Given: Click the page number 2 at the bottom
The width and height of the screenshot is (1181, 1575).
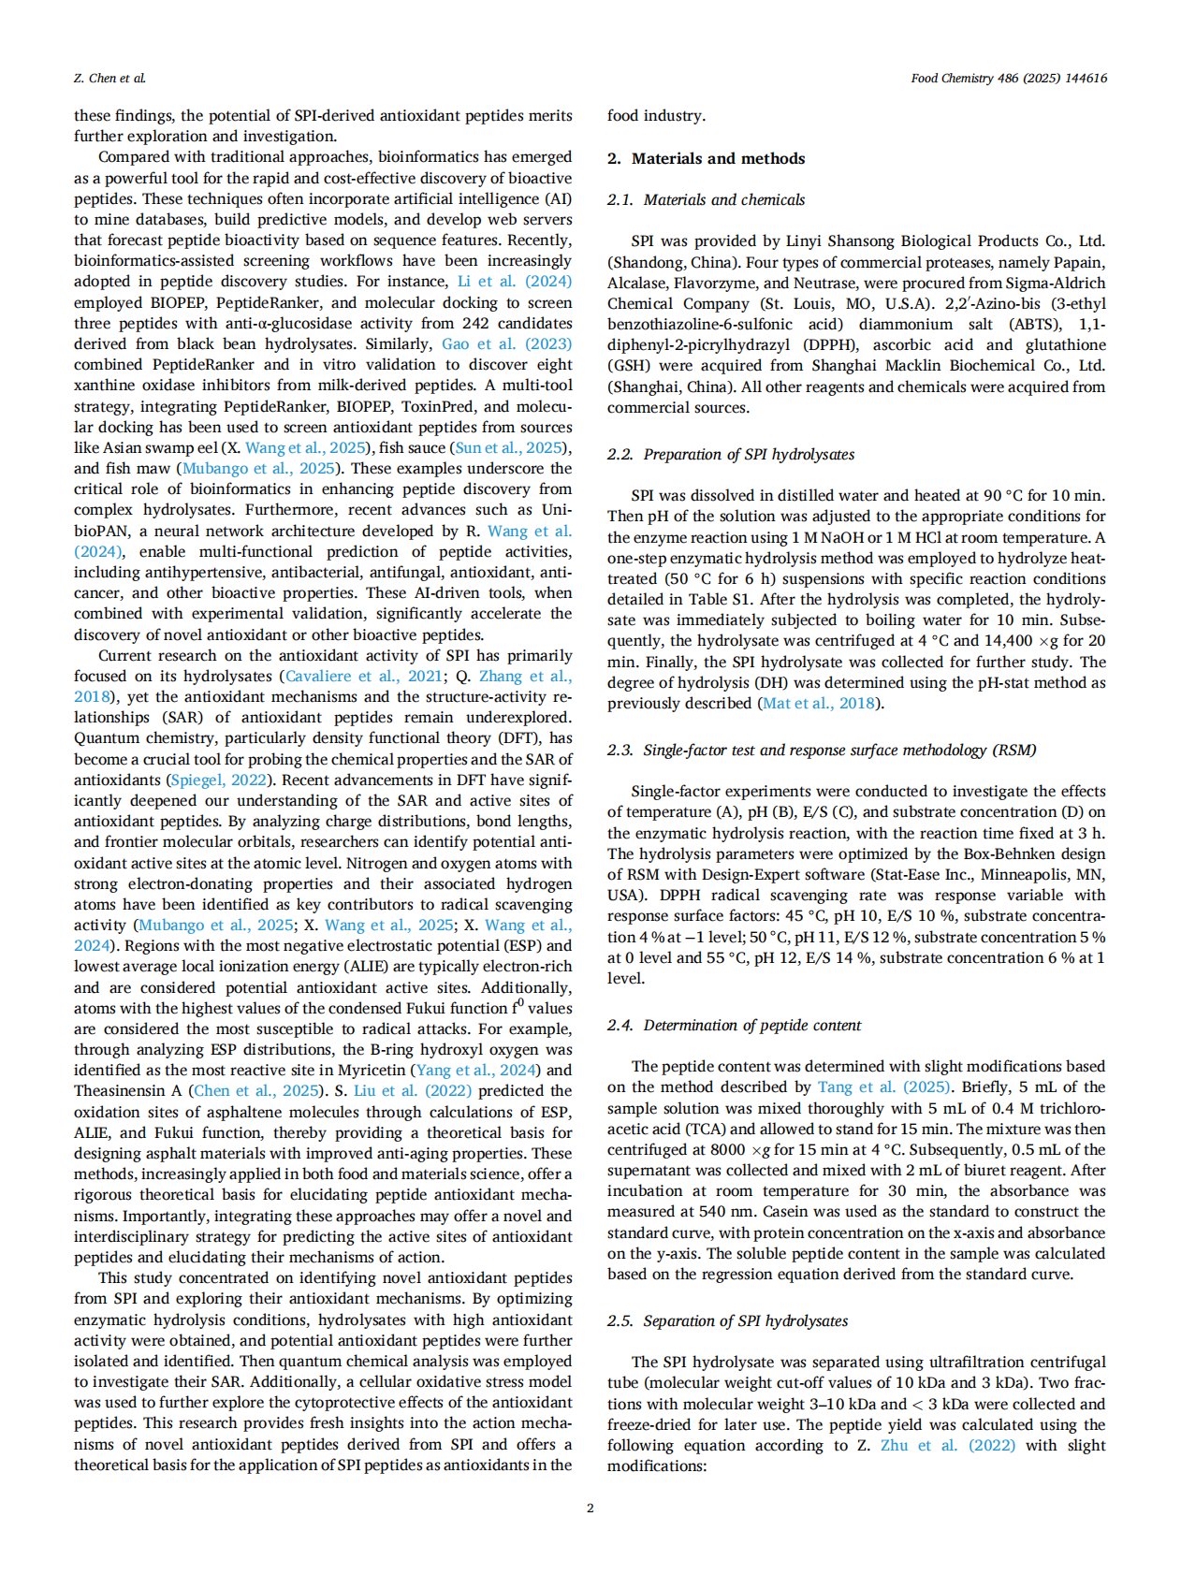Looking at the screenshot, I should (590, 1508).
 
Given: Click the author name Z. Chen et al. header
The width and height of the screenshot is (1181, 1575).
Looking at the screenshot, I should (109, 79).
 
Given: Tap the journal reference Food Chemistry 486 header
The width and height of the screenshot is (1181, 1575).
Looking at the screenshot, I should (1008, 79).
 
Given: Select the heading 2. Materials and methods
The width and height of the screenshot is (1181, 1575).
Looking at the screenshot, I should (706, 158).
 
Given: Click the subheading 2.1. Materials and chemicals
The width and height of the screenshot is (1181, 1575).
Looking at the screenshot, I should (706, 199).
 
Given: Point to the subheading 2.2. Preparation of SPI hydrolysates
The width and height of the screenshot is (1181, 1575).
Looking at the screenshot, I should (730, 454).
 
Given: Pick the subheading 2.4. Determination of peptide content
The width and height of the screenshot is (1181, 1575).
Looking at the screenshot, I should (734, 1025).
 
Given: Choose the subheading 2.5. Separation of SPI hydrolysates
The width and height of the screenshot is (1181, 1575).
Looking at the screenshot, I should (727, 1320).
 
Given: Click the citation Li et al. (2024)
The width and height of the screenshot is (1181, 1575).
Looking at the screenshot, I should (514, 282).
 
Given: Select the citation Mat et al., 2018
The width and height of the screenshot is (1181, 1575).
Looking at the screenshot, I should (819, 703).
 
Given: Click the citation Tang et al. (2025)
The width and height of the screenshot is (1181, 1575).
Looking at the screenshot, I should (883, 1086).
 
